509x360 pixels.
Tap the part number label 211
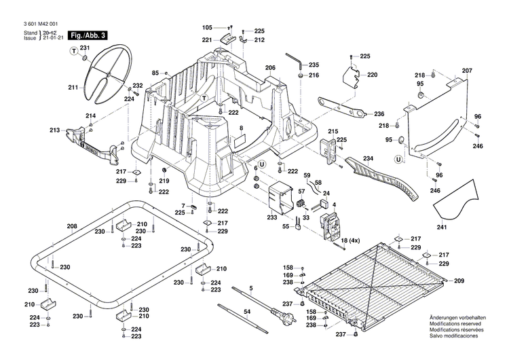(73, 88)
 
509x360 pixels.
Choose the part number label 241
(442, 228)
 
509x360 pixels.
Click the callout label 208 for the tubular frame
(72, 226)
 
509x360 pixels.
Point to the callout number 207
(466, 71)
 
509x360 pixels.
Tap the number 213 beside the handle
(54, 130)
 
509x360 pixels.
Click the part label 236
(379, 113)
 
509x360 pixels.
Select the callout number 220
(372, 75)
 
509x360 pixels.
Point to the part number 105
(207, 27)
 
